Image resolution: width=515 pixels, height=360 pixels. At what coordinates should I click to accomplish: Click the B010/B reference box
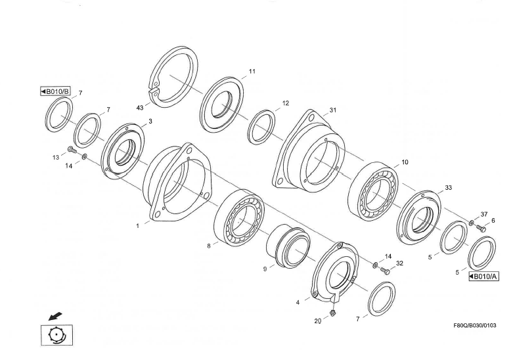[x=55, y=91]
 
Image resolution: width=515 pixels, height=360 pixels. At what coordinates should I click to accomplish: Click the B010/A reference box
[x=483, y=277]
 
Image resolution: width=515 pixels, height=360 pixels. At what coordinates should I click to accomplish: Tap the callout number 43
[x=140, y=108]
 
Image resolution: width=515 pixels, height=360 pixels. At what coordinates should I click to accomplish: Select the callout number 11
[x=252, y=71]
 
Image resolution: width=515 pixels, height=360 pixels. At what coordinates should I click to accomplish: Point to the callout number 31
[x=333, y=110]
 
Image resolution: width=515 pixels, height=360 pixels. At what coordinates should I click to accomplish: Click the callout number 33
[x=448, y=188]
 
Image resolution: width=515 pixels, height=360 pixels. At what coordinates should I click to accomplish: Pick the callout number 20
[x=318, y=321]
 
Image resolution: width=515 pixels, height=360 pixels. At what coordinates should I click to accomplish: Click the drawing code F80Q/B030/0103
[x=475, y=326]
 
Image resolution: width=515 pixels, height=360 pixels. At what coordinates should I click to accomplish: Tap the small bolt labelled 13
[x=72, y=150]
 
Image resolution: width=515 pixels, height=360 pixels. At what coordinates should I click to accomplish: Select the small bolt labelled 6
[x=481, y=229]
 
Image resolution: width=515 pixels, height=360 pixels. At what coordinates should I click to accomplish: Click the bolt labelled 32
[x=385, y=271]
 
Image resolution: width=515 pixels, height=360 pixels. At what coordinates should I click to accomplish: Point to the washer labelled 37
[x=472, y=223]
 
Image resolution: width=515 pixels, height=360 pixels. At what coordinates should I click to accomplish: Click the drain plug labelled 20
[x=332, y=312]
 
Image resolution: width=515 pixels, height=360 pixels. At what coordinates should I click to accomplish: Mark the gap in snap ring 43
[x=154, y=90]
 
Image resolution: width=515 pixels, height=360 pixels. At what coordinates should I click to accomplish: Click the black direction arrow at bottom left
[x=55, y=317]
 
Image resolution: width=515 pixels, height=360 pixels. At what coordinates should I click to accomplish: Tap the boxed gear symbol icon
[x=56, y=335]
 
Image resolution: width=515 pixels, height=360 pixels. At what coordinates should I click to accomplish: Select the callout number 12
[x=285, y=103]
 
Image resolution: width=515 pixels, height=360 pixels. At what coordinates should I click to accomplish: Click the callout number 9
[x=265, y=269]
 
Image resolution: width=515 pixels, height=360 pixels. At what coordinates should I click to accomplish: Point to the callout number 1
[x=138, y=226]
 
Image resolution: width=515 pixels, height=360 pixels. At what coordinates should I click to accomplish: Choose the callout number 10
[x=405, y=162]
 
